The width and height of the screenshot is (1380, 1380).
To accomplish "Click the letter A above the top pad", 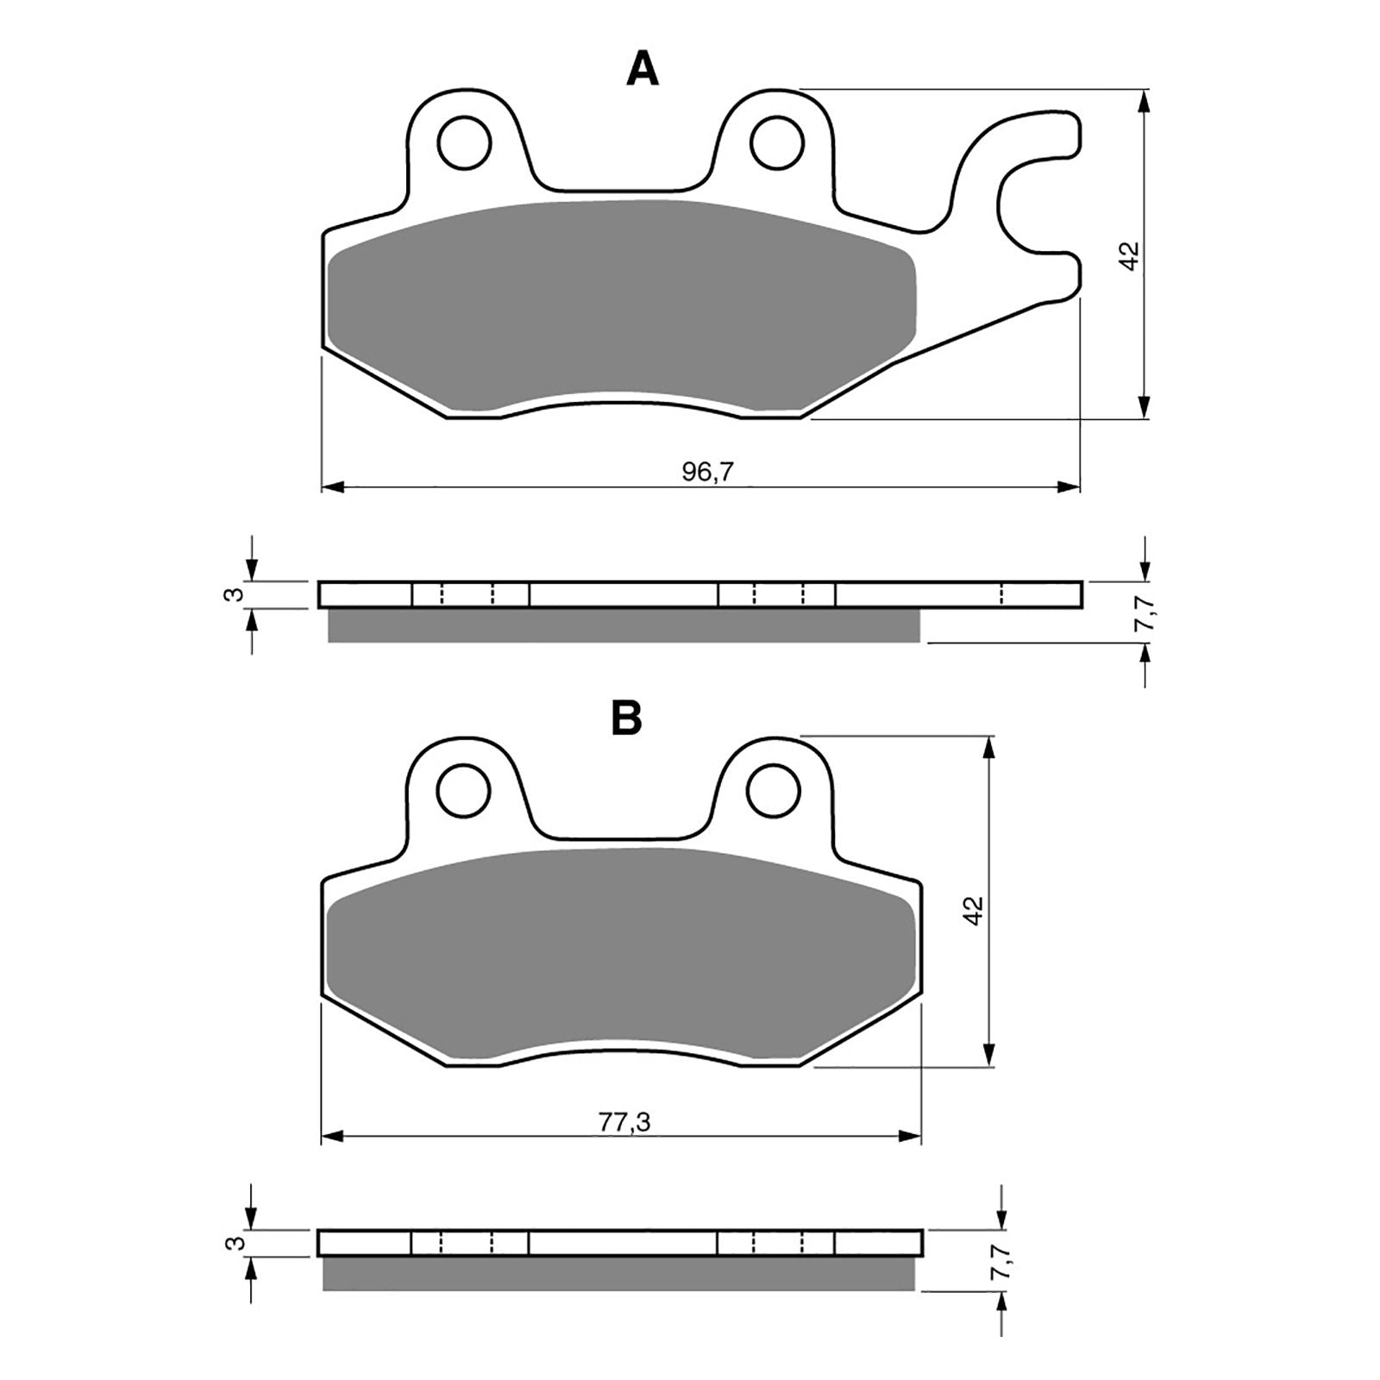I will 643,69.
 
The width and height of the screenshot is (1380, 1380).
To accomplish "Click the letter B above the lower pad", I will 626,717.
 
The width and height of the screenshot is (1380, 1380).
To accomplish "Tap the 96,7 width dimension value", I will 700,472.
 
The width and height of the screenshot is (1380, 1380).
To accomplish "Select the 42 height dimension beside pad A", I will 1131,256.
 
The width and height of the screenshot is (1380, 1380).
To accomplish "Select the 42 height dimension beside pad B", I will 974,911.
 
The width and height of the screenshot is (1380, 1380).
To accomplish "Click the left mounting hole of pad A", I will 464,142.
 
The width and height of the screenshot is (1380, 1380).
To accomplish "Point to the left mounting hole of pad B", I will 464,791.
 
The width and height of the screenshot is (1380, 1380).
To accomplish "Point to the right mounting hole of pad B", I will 774,791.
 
